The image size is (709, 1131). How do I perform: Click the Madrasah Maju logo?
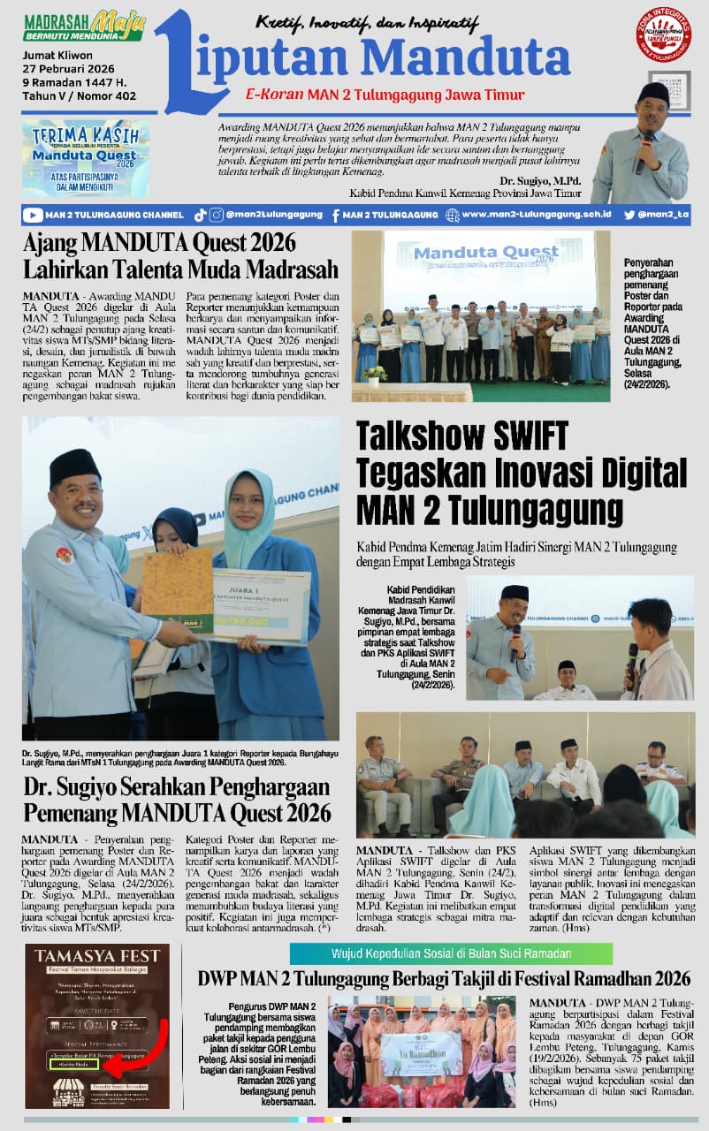(x=83, y=26)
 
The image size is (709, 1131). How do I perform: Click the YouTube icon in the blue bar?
(x=34, y=215)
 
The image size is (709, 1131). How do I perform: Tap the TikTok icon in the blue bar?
(x=200, y=215)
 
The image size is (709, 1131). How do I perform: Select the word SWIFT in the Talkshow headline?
(x=514, y=437)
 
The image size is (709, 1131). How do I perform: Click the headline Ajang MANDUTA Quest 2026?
(x=160, y=243)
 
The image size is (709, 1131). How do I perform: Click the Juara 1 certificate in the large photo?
(x=262, y=605)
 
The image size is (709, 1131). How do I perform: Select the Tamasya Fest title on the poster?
(x=97, y=956)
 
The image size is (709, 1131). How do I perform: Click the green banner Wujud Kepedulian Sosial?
(x=451, y=953)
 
